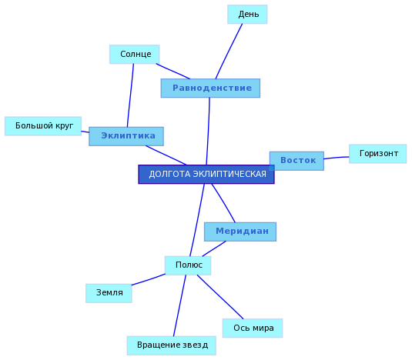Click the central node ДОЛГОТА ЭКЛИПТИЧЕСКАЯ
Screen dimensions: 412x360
tap(206, 174)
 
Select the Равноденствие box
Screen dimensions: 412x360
tap(210, 88)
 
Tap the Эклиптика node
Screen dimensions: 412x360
tap(126, 136)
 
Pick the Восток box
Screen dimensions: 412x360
tap(296, 161)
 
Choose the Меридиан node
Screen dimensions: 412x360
tap(240, 232)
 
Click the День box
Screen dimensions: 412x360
tap(247, 14)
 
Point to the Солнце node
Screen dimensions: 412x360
tap(135, 55)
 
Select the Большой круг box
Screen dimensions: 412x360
tap(43, 126)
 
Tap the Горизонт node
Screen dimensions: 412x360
tap(377, 154)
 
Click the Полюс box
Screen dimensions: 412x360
tap(188, 265)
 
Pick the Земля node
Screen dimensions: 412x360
tap(109, 293)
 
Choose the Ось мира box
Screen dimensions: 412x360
tap(253, 328)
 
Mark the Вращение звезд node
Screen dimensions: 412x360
tap(172, 345)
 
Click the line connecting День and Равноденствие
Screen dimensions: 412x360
tap(229, 52)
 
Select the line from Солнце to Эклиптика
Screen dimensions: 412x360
tap(130, 95)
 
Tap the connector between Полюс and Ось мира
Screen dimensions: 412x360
tap(220, 297)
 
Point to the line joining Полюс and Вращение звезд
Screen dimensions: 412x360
tap(179, 305)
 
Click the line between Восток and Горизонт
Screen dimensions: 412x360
tap(337, 158)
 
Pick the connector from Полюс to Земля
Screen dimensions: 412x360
tap(148, 280)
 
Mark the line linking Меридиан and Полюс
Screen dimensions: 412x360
tap(214, 248)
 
